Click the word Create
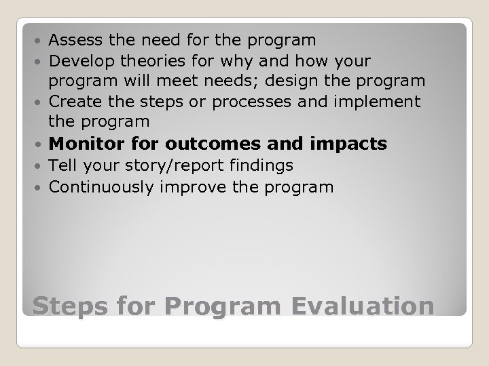pyautogui.click(x=73, y=102)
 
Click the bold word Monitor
pyautogui.click(x=86, y=144)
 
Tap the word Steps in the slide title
pyautogui.click(x=70, y=306)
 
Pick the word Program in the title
pyautogui.click(x=222, y=306)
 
